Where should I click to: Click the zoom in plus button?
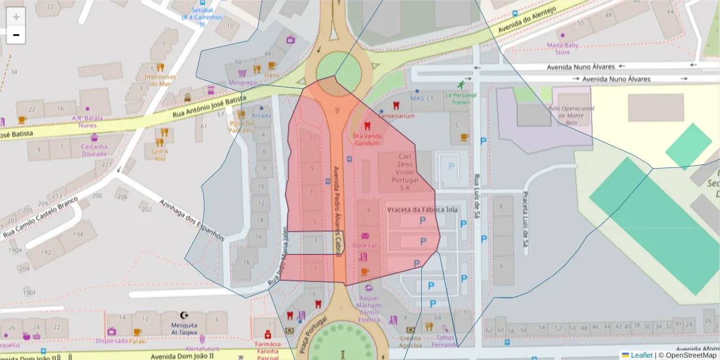(x=16, y=17)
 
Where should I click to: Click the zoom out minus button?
(x=16, y=35)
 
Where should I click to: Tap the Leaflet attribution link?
(x=641, y=355)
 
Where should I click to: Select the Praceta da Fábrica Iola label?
(x=422, y=210)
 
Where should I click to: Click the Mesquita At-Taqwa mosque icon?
(x=184, y=315)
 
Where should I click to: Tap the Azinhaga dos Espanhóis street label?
(x=192, y=220)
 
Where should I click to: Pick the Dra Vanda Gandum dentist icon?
(x=367, y=127)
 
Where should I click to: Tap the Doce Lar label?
(x=365, y=245)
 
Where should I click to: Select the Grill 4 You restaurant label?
(x=159, y=155)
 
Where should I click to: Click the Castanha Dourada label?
(x=94, y=150)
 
